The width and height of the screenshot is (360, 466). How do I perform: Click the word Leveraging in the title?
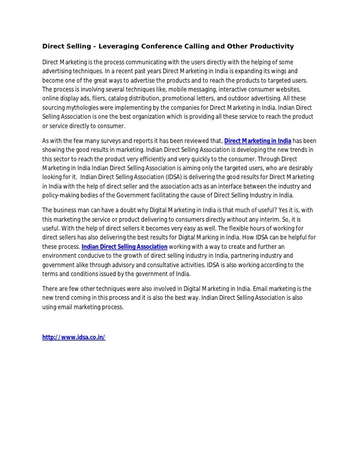(x=121, y=47)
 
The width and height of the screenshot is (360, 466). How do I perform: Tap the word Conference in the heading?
(x=169, y=47)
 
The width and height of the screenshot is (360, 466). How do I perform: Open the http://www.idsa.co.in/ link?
(x=74, y=337)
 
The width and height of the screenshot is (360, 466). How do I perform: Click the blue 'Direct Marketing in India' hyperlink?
(x=258, y=140)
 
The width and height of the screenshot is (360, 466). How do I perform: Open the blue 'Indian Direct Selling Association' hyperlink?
(x=124, y=246)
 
